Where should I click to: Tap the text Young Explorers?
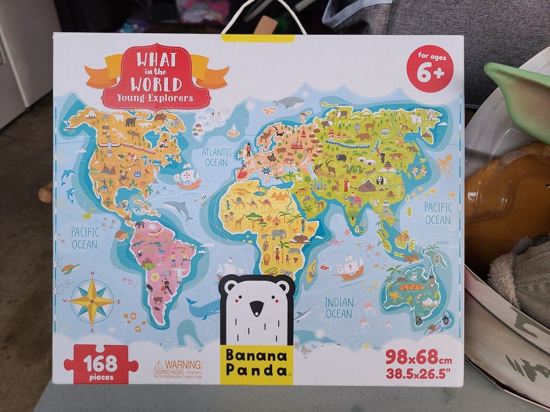pos(156,98)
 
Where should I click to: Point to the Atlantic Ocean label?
pos(217,157)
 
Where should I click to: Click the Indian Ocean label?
pos(339,307)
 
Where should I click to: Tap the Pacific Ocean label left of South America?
pos(84,238)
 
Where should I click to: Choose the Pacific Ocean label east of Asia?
pos(438,213)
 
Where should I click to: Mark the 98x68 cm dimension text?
pos(419,358)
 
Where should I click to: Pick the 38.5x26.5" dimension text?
pos(419,374)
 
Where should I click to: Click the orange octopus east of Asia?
pos(444,165)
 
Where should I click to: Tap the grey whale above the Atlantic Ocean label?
pos(289,102)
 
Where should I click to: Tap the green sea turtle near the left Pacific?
pos(69,269)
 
